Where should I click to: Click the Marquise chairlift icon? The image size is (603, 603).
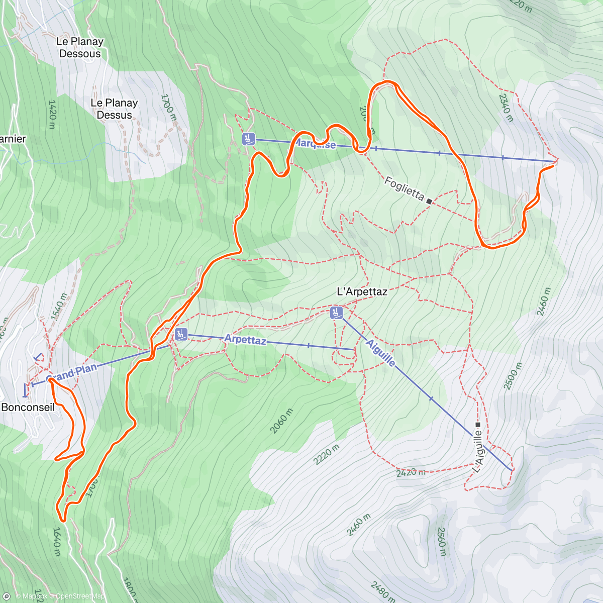(248, 139)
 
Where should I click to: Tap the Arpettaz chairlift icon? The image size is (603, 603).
(181, 333)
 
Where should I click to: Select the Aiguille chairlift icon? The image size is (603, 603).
(336, 313)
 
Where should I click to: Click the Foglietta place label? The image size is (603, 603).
(404, 188)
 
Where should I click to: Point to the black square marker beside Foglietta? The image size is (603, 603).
(429, 201)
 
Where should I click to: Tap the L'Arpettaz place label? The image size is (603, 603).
(362, 291)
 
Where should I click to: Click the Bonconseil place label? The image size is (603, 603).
(28, 407)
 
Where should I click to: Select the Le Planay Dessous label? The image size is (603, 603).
(80, 48)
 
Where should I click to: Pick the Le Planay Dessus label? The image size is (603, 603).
(114, 109)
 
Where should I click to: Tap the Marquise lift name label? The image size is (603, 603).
(315, 144)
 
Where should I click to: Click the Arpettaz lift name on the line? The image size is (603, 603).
(245, 340)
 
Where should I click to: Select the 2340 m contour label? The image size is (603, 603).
(506, 107)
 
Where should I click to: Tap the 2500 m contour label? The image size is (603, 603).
(513, 376)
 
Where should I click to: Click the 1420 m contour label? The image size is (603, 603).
(52, 114)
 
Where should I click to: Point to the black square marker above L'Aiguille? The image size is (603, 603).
(477, 425)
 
